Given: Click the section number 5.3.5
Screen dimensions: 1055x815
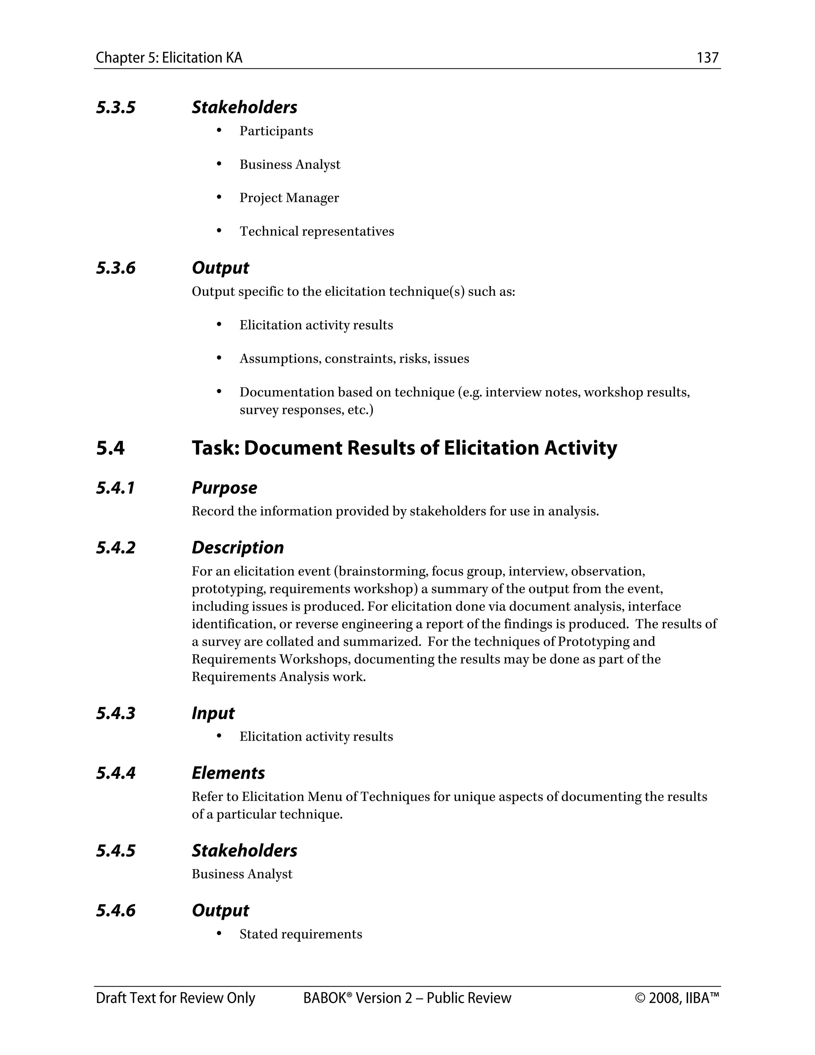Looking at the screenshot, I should (x=115, y=107).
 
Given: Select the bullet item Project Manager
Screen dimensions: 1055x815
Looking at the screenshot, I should (x=289, y=198).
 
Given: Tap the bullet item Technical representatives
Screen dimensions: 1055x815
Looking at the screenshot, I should (x=316, y=231).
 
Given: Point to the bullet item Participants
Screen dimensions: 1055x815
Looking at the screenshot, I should (x=276, y=131).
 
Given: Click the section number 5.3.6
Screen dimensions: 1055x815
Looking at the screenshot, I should (x=115, y=268).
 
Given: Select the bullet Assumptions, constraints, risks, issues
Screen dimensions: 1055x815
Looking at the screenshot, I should (x=354, y=359).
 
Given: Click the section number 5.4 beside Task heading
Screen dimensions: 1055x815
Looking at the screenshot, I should (x=110, y=448).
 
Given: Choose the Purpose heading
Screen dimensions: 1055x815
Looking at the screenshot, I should (x=224, y=488).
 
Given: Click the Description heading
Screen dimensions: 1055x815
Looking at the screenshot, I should (x=238, y=548).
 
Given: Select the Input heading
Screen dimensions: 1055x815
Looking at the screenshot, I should (x=213, y=713).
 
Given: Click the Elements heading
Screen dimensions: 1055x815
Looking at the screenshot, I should (x=228, y=774).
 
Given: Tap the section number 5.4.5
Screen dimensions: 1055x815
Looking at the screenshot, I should (x=115, y=851).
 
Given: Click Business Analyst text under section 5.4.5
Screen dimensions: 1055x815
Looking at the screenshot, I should (x=242, y=874).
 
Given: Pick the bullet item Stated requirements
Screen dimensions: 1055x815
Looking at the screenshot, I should (x=300, y=934).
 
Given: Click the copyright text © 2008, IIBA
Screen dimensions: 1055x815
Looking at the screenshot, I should (x=677, y=998).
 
